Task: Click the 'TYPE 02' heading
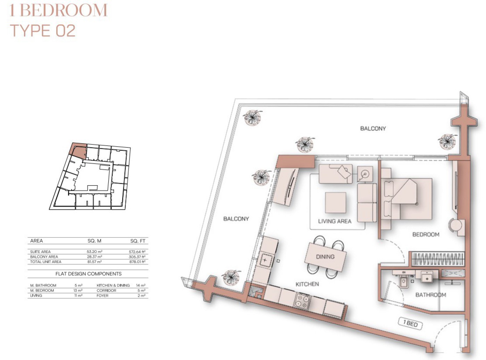(x=43, y=31)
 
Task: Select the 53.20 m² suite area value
(x=94, y=252)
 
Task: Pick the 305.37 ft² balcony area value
(x=137, y=257)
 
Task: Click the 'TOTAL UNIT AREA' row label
(x=46, y=262)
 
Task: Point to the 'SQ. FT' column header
(x=138, y=241)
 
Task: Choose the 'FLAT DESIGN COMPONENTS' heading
(x=89, y=274)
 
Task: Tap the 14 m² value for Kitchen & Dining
(x=141, y=285)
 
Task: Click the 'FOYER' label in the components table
(x=102, y=295)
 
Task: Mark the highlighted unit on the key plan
(x=78, y=150)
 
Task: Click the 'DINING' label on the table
(x=325, y=256)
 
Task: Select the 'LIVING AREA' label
(x=335, y=221)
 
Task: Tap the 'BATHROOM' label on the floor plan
(x=431, y=295)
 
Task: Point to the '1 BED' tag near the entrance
(x=410, y=324)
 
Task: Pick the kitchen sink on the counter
(x=265, y=260)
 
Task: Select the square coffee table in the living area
(x=335, y=203)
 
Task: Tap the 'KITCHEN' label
(x=307, y=284)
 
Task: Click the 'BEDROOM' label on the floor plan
(x=426, y=234)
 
